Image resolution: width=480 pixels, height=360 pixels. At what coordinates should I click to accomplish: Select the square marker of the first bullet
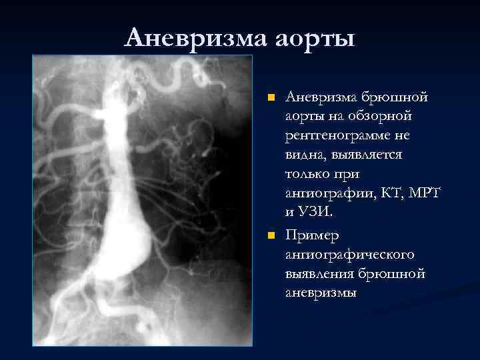coord(271,98)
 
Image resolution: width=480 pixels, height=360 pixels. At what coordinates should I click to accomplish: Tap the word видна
coord(305,155)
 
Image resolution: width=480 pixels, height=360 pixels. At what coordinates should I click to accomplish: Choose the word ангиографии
coord(326,194)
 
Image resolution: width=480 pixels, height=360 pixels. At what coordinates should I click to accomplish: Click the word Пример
coord(312,236)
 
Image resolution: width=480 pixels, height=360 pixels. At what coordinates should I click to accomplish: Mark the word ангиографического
coord(350,255)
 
